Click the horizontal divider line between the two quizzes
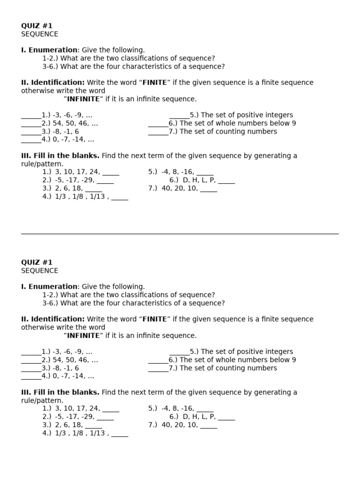click(180, 233)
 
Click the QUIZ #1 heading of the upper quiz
click(37, 26)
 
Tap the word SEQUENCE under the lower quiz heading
click(40, 271)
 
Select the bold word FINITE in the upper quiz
click(154, 82)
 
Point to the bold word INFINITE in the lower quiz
click(83, 336)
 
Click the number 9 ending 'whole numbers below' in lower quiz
click(294, 360)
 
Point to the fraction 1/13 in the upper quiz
click(97, 197)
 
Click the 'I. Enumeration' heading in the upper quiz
click(49, 50)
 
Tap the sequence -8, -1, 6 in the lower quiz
click(66, 368)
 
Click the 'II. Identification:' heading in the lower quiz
click(53, 319)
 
